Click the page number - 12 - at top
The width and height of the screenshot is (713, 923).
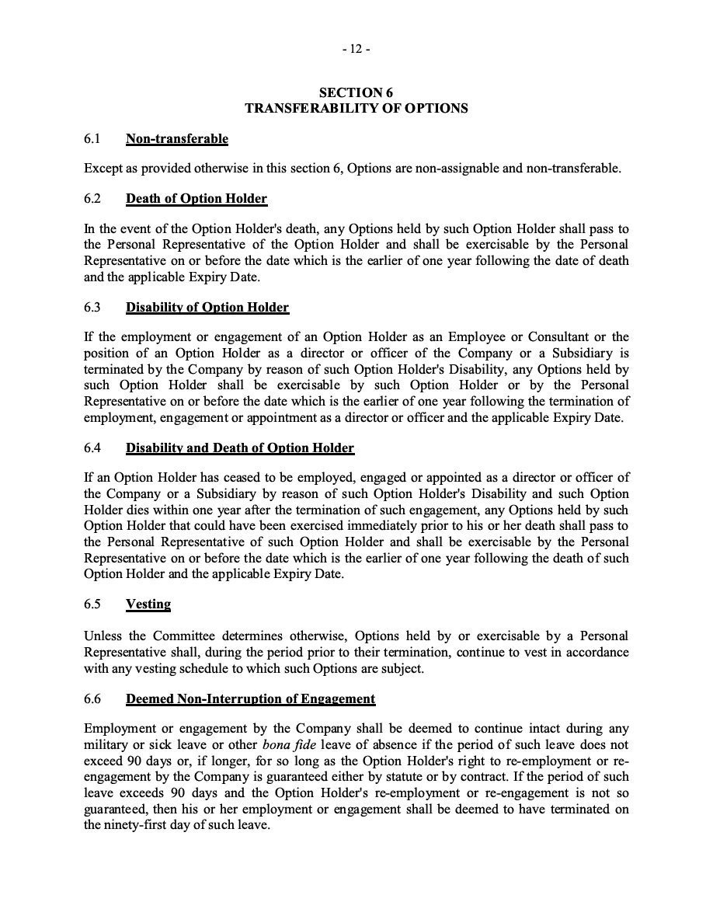click(356, 49)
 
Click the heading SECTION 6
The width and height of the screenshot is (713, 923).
click(356, 93)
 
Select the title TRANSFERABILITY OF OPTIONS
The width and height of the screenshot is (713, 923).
click(356, 109)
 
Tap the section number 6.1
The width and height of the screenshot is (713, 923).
click(92, 139)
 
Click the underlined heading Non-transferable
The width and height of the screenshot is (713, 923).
click(177, 139)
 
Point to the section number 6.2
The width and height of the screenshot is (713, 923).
click(92, 199)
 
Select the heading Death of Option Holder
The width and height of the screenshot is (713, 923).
click(197, 199)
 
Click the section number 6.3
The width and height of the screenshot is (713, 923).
click(92, 308)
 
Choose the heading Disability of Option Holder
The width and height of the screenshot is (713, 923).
click(207, 308)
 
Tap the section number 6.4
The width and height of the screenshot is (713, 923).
click(92, 448)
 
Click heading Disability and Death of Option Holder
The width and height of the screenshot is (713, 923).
click(240, 448)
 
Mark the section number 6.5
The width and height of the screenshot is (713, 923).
click(92, 604)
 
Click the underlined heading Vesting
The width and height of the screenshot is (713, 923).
click(148, 604)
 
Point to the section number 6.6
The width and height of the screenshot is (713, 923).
click(92, 699)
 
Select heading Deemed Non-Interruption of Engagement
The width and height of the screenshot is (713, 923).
click(250, 699)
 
